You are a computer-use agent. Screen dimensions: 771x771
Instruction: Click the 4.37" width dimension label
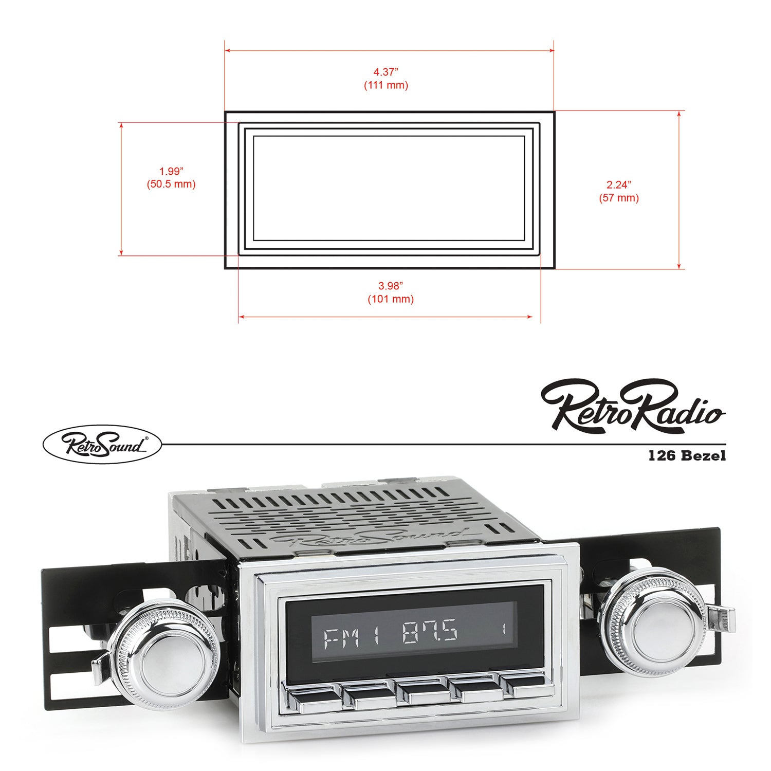(385, 71)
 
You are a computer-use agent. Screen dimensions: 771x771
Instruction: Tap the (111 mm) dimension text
(386, 85)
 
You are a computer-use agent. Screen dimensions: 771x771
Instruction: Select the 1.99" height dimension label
(171, 171)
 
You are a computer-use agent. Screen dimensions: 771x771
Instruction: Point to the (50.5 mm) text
(171, 184)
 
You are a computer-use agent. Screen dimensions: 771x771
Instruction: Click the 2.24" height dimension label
(618, 184)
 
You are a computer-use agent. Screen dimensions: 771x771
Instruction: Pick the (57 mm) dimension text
(618, 197)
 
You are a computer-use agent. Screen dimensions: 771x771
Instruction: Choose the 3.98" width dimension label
(390, 286)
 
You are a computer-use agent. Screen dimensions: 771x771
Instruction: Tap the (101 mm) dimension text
(390, 299)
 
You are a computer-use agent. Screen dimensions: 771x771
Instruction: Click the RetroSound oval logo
(102, 444)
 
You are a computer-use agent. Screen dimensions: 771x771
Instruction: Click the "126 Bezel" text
(687, 455)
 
